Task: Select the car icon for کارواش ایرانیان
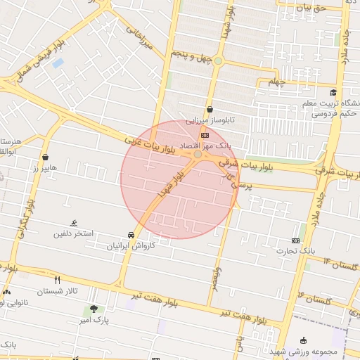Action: pos(131,235)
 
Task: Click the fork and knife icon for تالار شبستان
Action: pos(57,280)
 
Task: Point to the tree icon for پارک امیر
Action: pos(94,309)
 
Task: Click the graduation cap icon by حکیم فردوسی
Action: pos(333,92)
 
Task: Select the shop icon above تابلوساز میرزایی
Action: pos(210,109)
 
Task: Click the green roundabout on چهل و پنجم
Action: pos(218,61)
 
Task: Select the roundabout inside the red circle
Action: pos(198,154)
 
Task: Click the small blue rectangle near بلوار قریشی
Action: pos(58,63)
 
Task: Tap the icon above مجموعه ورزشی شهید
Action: pos(304,340)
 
